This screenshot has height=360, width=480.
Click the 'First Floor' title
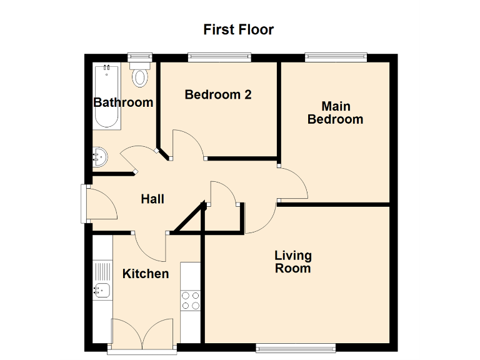[239, 29]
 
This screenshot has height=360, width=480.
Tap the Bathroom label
[123, 102]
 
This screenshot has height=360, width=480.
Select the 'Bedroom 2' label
[218, 95]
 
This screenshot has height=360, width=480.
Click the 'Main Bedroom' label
[335, 112]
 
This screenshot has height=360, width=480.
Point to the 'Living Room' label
[292, 262]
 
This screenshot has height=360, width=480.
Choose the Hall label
[152, 199]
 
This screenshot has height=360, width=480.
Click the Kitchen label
[145, 274]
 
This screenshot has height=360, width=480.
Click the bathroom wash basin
[100, 157]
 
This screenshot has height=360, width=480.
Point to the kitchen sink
[102, 289]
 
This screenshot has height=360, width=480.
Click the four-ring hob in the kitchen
[190, 301]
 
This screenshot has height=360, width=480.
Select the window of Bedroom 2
[220, 57]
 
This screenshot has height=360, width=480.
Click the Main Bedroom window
[336, 57]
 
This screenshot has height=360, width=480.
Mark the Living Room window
[296, 346]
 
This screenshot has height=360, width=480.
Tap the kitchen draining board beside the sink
[102, 271]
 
